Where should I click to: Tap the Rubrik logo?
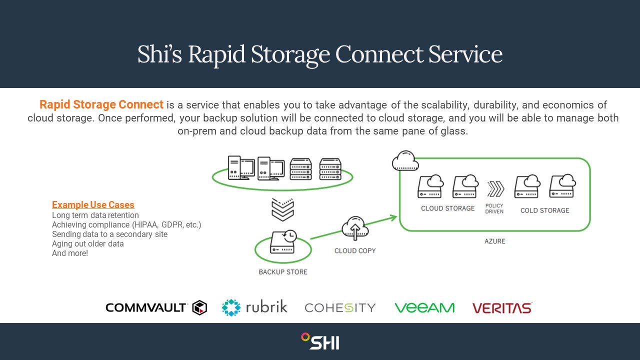click(x=254, y=307)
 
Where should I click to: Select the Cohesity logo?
click(x=340, y=307)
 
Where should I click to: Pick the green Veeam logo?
click(x=424, y=307)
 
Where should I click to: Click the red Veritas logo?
click(x=502, y=307)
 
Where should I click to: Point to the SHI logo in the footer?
click(x=320, y=341)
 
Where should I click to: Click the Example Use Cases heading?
click(x=93, y=205)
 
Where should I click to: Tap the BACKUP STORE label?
click(x=283, y=272)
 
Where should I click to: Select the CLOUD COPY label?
click(x=355, y=250)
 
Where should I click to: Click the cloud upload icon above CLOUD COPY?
click(x=355, y=229)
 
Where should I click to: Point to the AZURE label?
click(x=495, y=241)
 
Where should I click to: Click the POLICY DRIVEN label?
click(x=494, y=208)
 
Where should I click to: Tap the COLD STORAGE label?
click(x=544, y=210)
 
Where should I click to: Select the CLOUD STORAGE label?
click(x=447, y=208)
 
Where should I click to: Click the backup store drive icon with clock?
click(x=283, y=242)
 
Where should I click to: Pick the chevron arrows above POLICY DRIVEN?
click(x=495, y=189)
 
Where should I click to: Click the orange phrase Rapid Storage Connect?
click(x=101, y=105)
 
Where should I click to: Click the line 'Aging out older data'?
click(x=87, y=244)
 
